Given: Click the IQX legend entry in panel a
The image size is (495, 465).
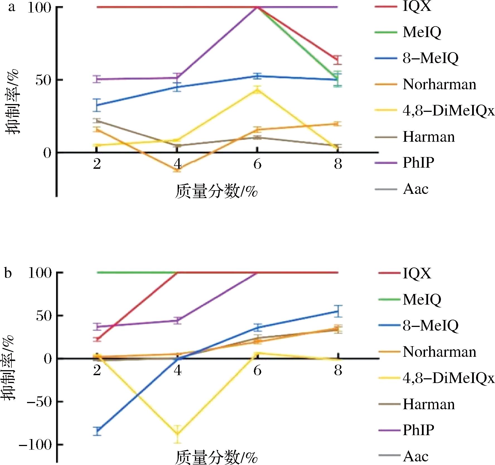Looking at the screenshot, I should tap(417, 6).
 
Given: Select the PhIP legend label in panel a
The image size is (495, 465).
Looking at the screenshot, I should tap(418, 162).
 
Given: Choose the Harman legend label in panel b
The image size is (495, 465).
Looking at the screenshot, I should tap(429, 404).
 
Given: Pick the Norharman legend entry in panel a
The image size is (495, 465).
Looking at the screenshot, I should tap(440, 84).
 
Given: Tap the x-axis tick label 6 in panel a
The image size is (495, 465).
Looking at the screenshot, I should tap(257, 164).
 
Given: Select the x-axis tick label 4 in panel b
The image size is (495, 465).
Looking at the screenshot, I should tap(177, 371).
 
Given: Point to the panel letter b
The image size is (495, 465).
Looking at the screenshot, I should tap(8, 273).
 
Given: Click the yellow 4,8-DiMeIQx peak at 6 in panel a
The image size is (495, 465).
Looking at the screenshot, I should tap(257, 90).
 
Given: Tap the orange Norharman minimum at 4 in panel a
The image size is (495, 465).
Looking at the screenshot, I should tap(177, 169).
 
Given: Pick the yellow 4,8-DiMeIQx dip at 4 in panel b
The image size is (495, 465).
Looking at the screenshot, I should tap(177, 434).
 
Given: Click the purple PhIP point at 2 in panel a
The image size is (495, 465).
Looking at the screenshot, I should tap(97, 79).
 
